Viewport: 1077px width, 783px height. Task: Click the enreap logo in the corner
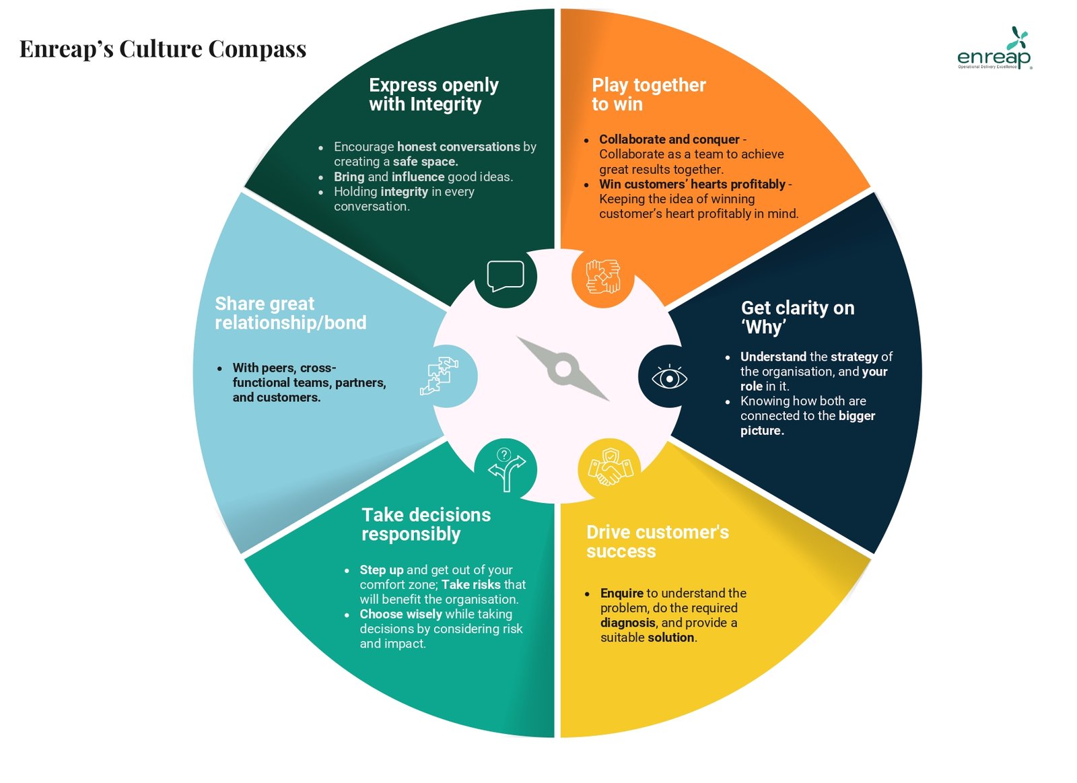click(994, 50)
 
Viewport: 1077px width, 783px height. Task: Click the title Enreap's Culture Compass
click(163, 49)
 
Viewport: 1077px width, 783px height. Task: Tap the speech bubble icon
click(506, 276)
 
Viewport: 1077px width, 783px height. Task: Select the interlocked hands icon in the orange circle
click(602, 276)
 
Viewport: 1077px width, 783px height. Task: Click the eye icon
click(669, 378)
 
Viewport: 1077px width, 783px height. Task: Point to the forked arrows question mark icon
click(506, 469)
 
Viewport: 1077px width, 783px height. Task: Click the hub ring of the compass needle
click(563, 369)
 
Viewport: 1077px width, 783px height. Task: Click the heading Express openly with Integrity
click(433, 94)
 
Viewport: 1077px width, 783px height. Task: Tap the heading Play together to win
click(648, 94)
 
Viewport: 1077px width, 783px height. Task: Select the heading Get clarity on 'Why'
click(797, 317)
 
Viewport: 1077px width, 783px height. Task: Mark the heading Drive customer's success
click(657, 541)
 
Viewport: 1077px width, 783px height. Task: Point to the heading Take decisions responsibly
click(425, 524)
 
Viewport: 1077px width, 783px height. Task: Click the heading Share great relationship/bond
click(290, 313)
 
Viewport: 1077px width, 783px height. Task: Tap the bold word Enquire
click(621, 593)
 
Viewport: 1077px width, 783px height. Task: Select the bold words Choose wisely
click(401, 614)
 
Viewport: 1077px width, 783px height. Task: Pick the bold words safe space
click(425, 162)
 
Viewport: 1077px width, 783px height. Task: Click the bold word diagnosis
click(627, 623)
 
